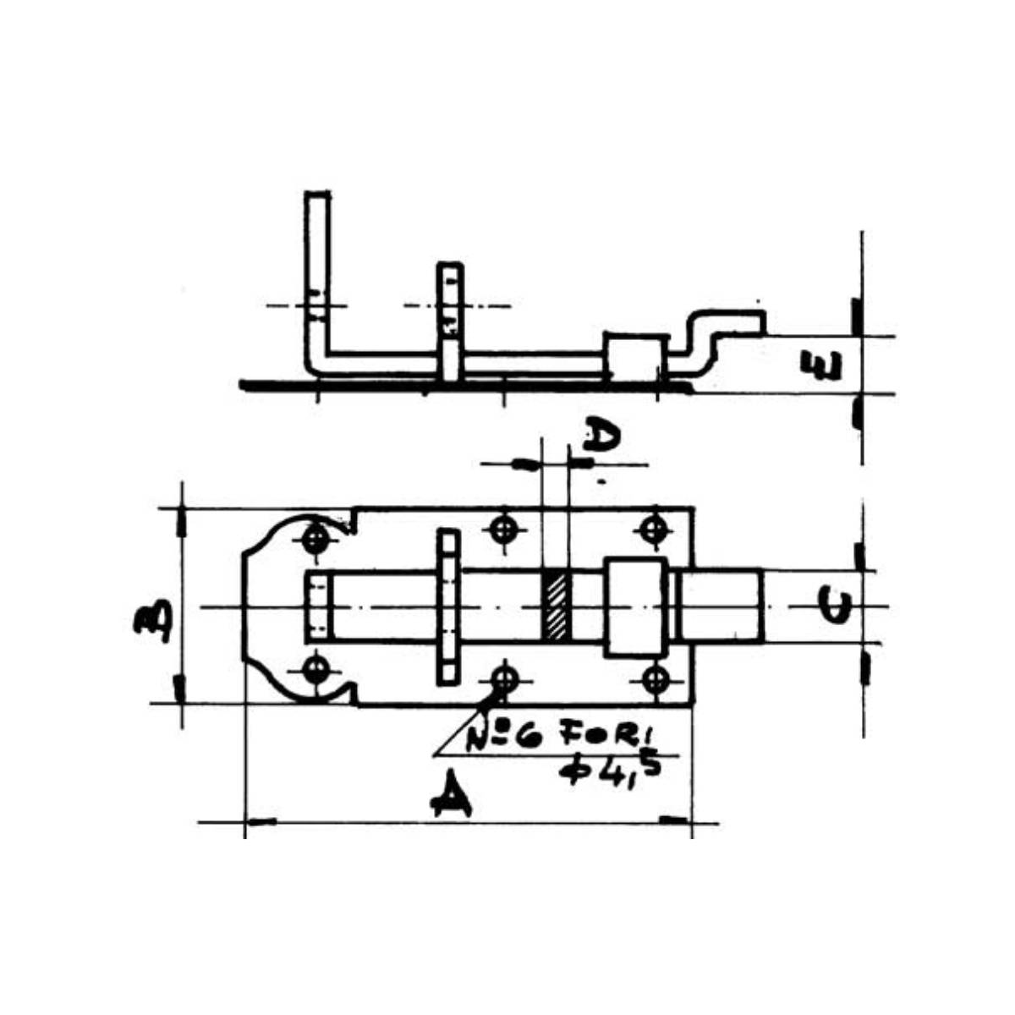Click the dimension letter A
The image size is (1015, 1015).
point(451,801)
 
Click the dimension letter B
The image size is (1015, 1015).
point(152,622)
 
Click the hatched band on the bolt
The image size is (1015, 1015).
point(556,606)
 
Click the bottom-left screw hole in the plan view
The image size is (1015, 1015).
point(316,669)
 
